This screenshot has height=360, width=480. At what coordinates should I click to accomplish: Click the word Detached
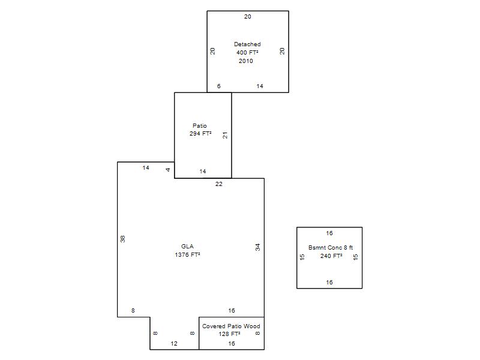[x=247, y=44]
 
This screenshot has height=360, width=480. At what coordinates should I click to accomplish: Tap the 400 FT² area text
[x=247, y=52]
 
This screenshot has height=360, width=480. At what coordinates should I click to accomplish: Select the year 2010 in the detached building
[x=246, y=61]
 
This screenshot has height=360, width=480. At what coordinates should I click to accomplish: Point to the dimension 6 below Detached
[x=218, y=86]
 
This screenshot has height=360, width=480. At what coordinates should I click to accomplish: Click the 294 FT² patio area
[x=200, y=133]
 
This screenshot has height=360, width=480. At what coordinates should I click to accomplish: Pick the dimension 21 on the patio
[x=225, y=135]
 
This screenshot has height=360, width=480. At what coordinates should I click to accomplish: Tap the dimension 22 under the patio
[x=219, y=184]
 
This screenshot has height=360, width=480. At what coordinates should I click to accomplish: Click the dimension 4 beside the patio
[x=168, y=170]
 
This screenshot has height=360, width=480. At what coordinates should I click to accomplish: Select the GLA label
[x=187, y=246]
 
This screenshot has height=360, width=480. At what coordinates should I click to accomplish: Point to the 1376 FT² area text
[x=187, y=254]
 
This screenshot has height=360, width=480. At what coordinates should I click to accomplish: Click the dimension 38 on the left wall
[x=123, y=239]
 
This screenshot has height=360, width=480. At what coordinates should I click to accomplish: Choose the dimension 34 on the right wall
[x=258, y=247]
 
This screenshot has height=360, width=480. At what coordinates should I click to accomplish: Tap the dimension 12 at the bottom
[x=174, y=343]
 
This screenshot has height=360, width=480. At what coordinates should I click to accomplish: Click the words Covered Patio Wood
[x=231, y=326]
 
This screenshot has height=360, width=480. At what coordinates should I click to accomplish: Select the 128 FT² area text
[x=230, y=334]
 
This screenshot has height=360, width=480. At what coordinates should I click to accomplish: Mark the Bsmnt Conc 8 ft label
[x=331, y=247]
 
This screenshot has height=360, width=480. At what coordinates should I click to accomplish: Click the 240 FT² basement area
[x=331, y=256]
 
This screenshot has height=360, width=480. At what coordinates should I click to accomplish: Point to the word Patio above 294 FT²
[x=200, y=125]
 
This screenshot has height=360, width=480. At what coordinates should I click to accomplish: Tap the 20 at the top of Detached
[x=248, y=17]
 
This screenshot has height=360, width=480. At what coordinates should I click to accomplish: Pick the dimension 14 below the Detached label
[x=260, y=86]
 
